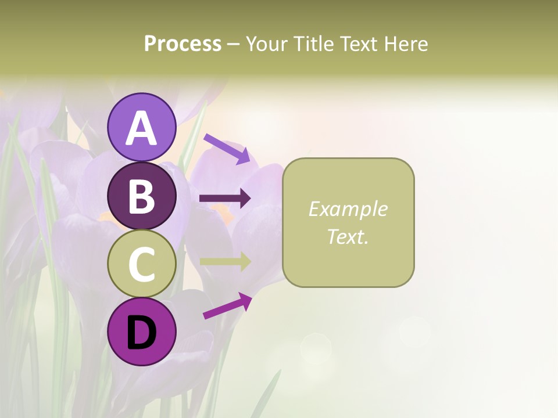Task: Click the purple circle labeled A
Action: pyautogui.click(x=141, y=127)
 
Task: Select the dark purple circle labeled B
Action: pyautogui.click(x=141, y=196)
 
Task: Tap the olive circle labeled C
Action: pyautogui.click(x=141, y=264)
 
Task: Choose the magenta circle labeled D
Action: pyautogui.click(x=141, y=331)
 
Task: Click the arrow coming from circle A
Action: pyautogui.click(x=227, y=148)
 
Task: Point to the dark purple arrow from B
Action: pyautogui.click(x=225, y=199)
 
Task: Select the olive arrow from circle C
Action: pyautogui.click(x=225, y=261)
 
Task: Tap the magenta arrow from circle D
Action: pyautogui.click(x=227, y=305)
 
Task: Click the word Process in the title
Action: pyautogui.click(x=183, y=44)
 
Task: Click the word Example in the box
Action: pyautogui.click(x=348, y=209)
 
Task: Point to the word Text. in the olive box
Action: pyautogui.click(x=348, y=236)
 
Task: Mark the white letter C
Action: pyautogui.click(x=141, y=264)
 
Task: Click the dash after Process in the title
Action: pyautogui.click(x=234, y=44)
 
